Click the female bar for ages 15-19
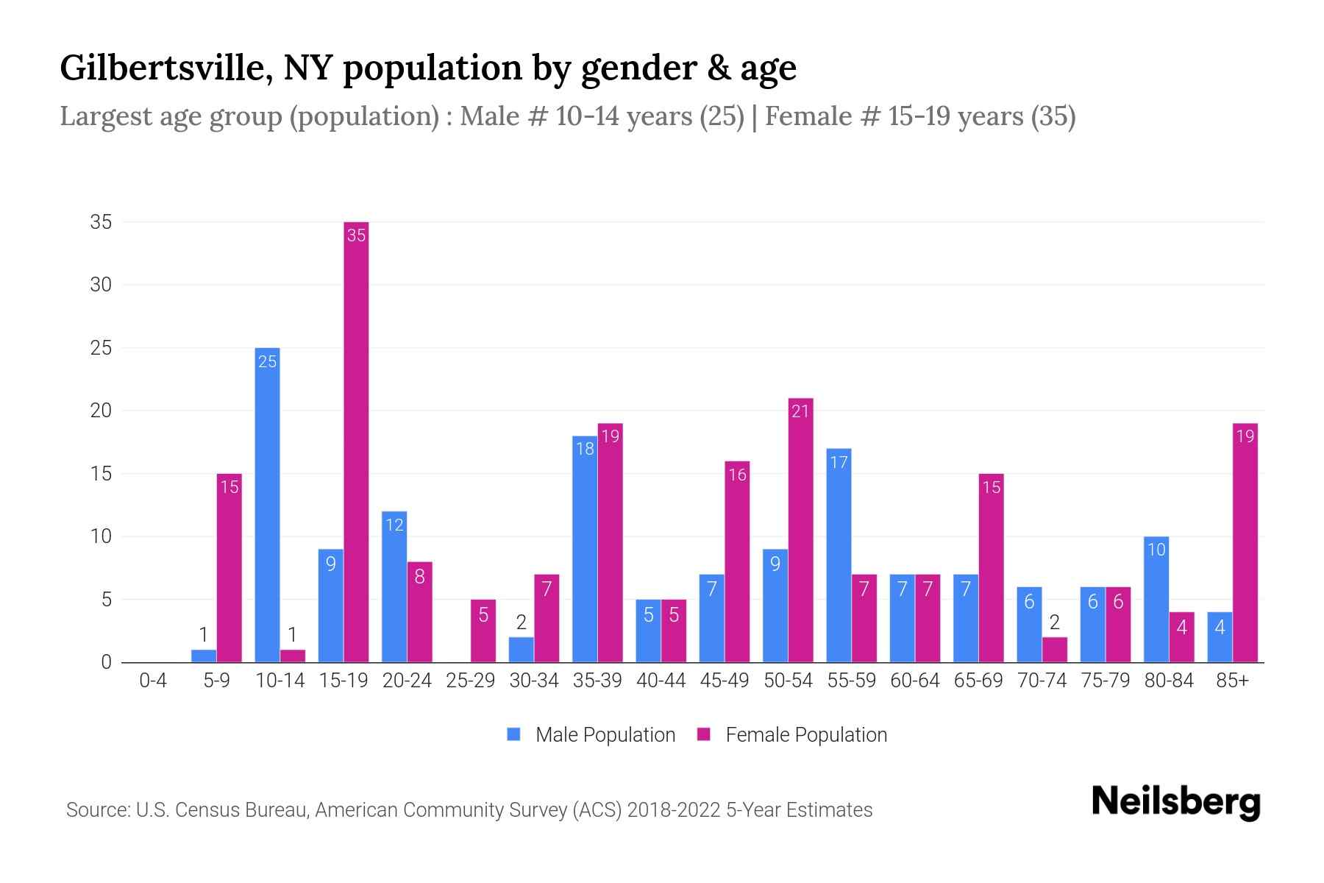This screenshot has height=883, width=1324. [x=356, y=441]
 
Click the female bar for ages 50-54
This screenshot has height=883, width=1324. [x=800, y=530]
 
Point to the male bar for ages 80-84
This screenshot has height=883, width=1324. [x=1156, y=599]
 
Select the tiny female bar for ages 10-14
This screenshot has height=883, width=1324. [x=293, y=656]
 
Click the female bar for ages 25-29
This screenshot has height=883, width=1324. [x=483, y=631]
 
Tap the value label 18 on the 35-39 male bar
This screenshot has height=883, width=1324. [x=585, y=449]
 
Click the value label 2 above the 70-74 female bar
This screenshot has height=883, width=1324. [x=1054, y=623]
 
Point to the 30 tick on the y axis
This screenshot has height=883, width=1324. [x=101, y=285]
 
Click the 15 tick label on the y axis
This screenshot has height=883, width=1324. [x=101, y=474]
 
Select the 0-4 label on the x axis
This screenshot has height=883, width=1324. [x=153, y=681]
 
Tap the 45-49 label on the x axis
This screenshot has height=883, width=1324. [x=725, y=681]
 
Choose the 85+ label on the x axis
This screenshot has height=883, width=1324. [x=1232, y=681]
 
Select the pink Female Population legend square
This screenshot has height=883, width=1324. [x=704, y=734]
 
